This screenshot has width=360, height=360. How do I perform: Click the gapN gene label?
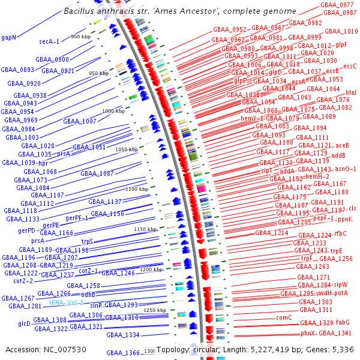(x=9, y=37)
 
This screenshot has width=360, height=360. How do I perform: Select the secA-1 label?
(x=49, y=41)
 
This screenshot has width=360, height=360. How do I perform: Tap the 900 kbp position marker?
(x=80, y=37)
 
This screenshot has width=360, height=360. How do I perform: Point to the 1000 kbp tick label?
(x=112, y=111)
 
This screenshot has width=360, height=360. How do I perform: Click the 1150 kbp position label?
(x=144, y=229)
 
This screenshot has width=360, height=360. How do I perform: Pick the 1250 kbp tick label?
(x=154, y=310)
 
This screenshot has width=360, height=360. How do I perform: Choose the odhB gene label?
(x=88, y=295)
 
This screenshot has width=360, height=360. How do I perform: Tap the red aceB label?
(x=341, y=145)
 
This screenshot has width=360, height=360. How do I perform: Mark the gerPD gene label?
(x=26, y=230)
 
